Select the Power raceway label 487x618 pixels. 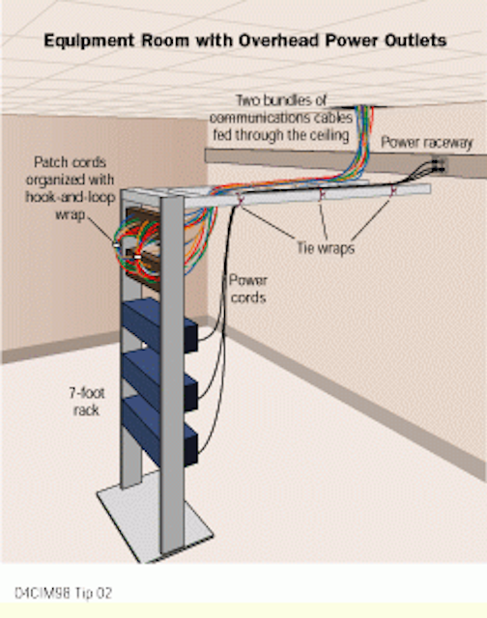tap(427, 143)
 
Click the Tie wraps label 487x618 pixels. tap(326, 248)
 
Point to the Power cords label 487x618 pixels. tap(248, 289)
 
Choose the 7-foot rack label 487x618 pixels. tap(87, 402)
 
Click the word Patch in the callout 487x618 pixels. tap(50, 162)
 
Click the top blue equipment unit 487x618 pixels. tap(159, 324)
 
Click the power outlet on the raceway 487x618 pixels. tap(439, 165)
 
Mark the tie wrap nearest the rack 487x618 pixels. tap(241, 200)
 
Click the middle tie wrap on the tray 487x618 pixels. tap(322, 194)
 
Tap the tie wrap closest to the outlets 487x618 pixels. tap(392, 190)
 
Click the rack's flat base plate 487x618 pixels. tap(156, 520)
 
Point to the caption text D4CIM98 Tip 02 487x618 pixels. tap(63, 593)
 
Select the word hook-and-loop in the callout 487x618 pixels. tap(71, 197)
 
